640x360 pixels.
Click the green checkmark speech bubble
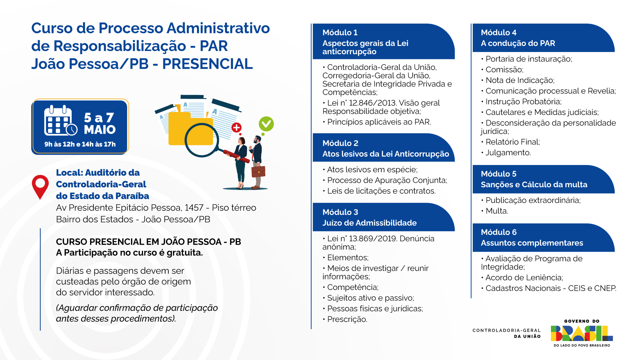point(266,124)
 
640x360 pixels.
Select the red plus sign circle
point(237,127)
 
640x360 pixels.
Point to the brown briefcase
point(258,171)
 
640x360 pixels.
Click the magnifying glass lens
point(202,140)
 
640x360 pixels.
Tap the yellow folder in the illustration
point(190,129)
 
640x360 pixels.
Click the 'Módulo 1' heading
point(340,33)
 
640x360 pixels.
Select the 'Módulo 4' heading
point(499,33)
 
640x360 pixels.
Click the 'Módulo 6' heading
point(499,232)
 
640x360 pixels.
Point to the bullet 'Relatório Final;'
point(510,142)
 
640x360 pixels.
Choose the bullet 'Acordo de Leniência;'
point(522,278)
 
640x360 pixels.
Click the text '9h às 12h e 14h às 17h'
point(80,144)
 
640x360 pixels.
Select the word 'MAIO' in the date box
point(100,130)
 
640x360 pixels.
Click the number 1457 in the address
point(194,208)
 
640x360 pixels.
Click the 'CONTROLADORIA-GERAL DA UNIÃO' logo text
point(506,333)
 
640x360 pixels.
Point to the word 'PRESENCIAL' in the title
point(207,64)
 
